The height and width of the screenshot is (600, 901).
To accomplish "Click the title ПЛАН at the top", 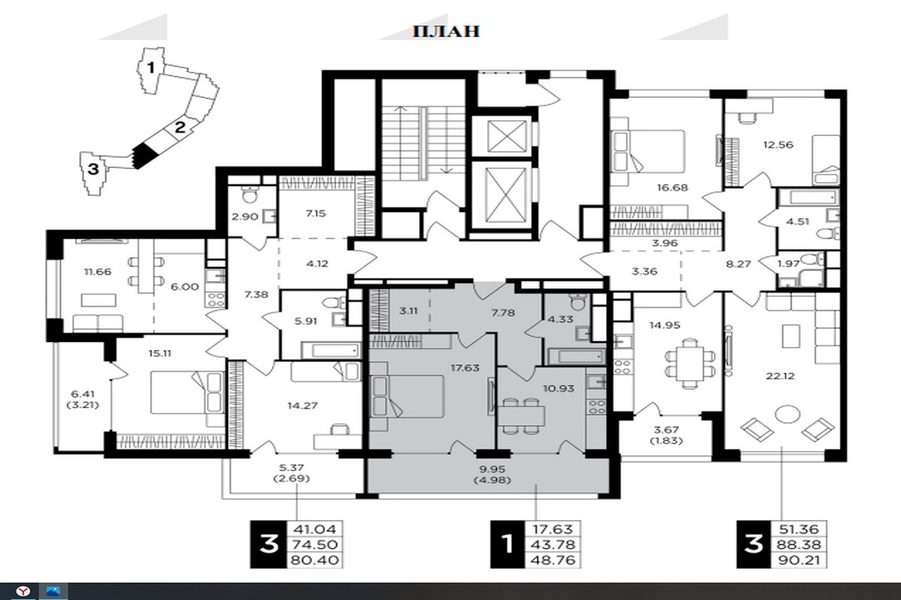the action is point(446,30).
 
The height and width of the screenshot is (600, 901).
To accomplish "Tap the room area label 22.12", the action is point(781,376).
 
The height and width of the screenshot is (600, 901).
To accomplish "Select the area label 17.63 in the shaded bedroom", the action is point(465,367).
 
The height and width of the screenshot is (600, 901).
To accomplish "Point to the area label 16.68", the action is point(672,187).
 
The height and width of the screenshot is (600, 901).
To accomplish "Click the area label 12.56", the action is point(778,145).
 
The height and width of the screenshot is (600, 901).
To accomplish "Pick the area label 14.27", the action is point(302,405).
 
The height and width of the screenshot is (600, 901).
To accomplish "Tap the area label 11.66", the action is point(97,272).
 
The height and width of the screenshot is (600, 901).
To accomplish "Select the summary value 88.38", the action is point(800,545).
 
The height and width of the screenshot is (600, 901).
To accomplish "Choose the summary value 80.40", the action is point(315,560).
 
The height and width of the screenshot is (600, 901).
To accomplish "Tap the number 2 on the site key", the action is point(180,127).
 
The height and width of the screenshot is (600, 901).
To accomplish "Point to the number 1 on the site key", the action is point(151,68).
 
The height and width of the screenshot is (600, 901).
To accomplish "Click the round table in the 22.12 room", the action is point(788,415).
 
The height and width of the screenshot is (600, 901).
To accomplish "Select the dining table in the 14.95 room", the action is point(686,364).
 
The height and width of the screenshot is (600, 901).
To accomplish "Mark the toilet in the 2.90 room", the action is point(250,195).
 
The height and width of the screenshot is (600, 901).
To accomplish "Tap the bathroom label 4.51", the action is point(798,222).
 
